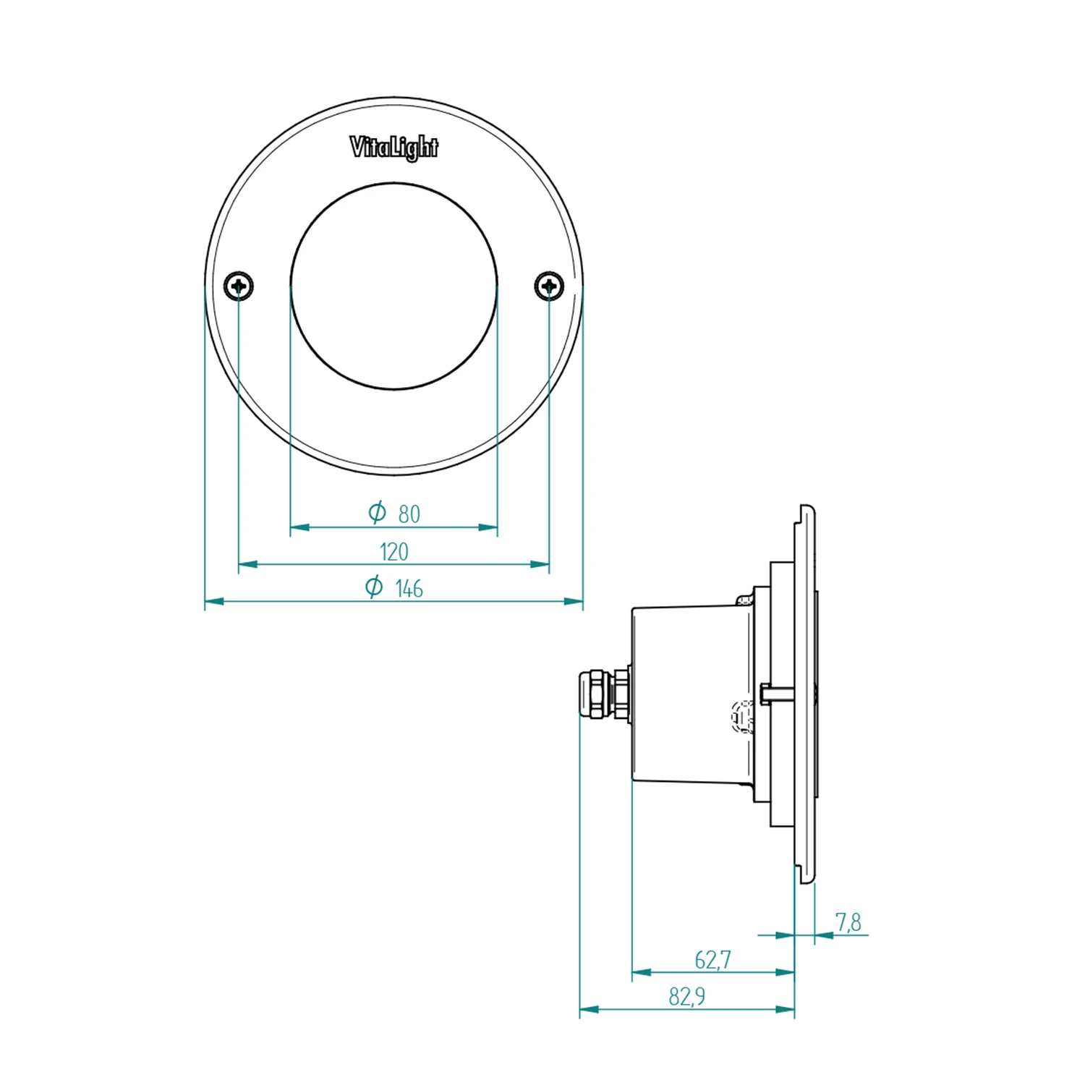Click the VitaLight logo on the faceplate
(394, 148)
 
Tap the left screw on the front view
(239, 286)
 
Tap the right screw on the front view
(549, 286)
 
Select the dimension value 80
(409, 514)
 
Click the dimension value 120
(394, 552)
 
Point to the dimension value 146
(409, 589)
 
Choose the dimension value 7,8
(848, 922)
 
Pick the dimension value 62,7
(712, 960)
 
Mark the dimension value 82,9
(686, 997)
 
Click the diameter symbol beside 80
(377, 513)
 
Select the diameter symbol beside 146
(373, 587)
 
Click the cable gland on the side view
(603, 694)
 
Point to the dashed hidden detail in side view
(741, 716)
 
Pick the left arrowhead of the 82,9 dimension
(590, 1009)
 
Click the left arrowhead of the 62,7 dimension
(642, 972)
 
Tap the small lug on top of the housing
(744, 600)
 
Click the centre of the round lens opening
(394, 286)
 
